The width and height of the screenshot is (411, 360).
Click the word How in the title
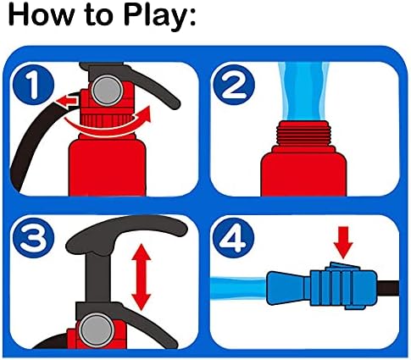[41, 14]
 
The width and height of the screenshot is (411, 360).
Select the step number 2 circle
[233, 85]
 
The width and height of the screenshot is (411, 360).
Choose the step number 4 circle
[233, 237]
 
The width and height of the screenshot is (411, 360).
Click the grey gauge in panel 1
[108, 91]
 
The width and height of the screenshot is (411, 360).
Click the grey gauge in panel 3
[97, 330]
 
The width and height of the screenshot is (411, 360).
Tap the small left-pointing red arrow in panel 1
[67, 101]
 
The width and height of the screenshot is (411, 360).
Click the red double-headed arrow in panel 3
[142, 277]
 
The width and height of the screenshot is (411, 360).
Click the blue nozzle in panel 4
[322, 287]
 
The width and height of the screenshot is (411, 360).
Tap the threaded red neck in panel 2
[303, 133]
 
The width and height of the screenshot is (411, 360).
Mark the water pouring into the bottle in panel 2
[303, 91]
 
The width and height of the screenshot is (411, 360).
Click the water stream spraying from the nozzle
[239, 288]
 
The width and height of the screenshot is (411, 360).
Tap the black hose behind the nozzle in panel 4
[388, 288]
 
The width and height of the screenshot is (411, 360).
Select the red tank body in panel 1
[108, 167]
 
